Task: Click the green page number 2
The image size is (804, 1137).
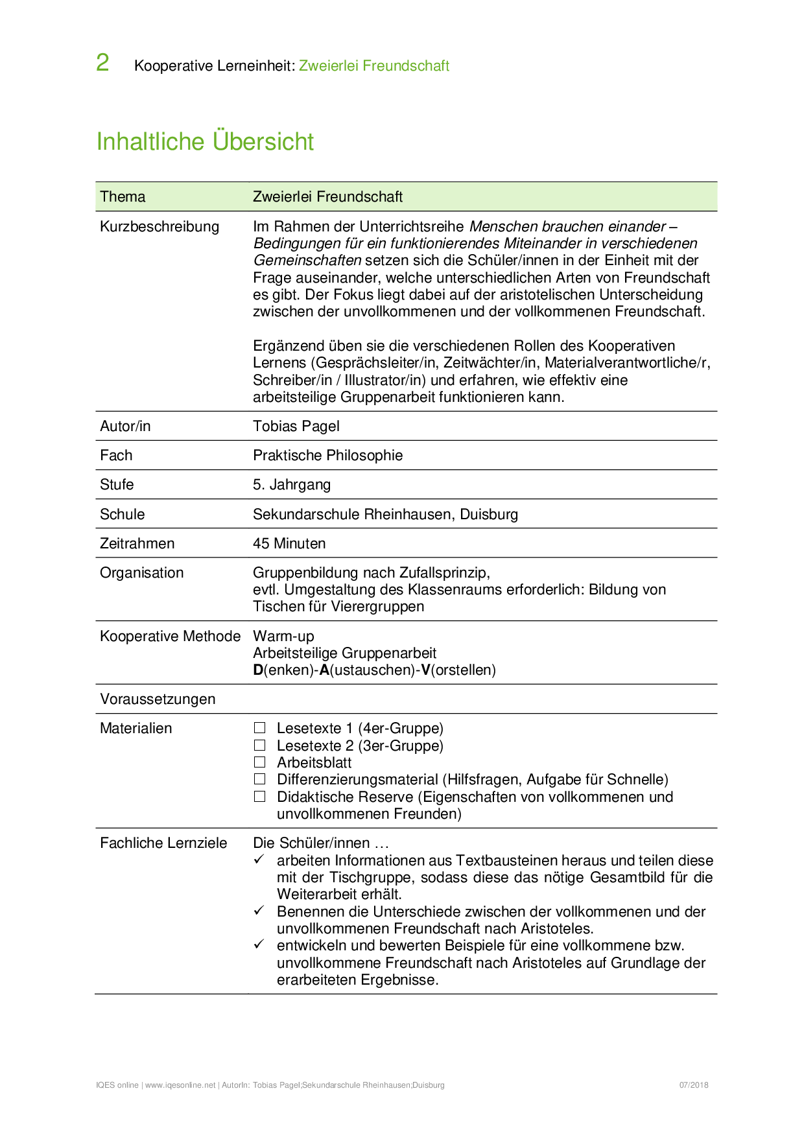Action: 102,63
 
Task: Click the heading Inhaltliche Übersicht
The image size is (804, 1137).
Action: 205,141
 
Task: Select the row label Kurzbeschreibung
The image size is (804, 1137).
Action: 160,226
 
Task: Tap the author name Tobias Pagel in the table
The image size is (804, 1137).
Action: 296,426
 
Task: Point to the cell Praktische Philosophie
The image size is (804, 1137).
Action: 327,455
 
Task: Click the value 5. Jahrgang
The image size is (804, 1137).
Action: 292,484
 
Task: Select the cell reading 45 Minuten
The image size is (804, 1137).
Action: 289,543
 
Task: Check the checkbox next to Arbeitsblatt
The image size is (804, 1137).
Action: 260,762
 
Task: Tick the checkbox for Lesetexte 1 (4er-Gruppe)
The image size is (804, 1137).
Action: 260,728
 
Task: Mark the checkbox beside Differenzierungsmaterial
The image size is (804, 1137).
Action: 260,779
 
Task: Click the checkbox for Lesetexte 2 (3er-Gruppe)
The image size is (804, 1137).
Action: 260,745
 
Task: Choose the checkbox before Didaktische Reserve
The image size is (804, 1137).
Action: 260,797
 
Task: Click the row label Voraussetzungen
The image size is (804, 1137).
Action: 158,699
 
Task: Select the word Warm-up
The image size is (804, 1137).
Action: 283,636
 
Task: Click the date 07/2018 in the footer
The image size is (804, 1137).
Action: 694,1085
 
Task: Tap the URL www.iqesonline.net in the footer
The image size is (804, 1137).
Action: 180,1085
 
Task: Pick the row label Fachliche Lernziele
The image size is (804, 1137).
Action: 163,843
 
